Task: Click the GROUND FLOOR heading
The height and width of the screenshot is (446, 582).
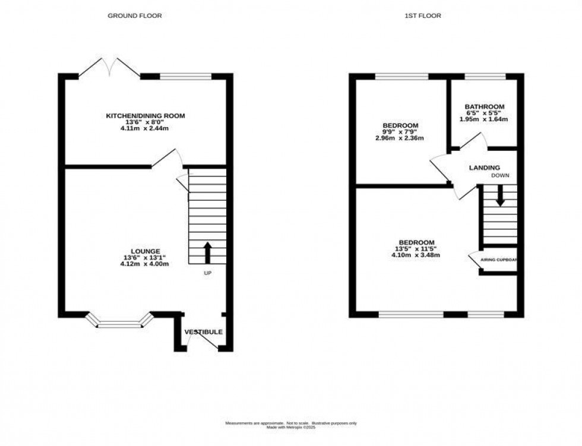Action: click(134, 16)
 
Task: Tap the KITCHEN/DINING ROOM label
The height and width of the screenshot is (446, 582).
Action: click(145, 115)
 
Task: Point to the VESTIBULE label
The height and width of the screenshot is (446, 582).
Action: click(203, 332)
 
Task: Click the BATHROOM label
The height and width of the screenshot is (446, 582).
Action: click(485, 107)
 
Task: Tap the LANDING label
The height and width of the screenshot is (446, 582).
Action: click(484, 168)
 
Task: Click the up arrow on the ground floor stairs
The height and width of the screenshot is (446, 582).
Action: click(207, 252)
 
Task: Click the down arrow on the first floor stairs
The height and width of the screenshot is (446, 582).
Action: click(500, 196)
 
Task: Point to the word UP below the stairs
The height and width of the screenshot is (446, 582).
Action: click(207, 273)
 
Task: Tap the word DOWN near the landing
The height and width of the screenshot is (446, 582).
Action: click(499, 176)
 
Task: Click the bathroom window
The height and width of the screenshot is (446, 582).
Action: click(485, 76)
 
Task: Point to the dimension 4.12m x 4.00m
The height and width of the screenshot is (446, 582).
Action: click(145, 264)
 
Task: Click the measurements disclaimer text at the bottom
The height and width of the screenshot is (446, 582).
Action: click(290, 423)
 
